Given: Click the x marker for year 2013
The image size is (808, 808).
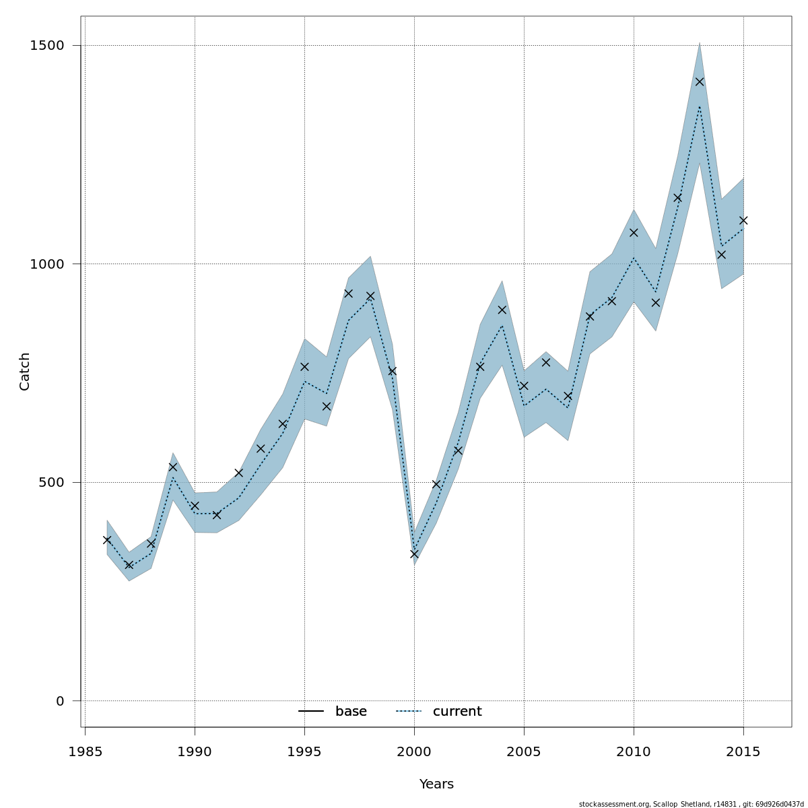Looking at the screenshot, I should (700, 81).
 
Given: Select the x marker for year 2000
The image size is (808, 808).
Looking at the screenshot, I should (414, 553).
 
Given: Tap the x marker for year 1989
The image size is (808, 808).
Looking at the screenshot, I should (173, 467).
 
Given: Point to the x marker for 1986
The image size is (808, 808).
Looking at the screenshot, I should (107, 539).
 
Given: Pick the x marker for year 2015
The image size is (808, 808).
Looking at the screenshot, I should (743, 220).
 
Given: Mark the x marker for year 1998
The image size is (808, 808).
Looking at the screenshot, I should (370, 296).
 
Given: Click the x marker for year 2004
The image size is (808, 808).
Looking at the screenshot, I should (502, 310).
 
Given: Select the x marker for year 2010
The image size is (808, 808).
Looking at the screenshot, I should (634, 232).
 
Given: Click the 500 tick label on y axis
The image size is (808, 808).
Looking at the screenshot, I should (51, 483).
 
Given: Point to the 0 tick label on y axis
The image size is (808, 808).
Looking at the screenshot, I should (60, 701).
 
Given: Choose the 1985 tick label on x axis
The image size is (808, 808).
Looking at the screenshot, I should (86, 751).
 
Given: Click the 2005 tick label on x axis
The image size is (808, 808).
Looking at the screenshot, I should (524, 751).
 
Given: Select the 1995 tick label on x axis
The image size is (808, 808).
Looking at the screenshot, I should (304, 751).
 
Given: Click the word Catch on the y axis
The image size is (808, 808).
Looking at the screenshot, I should (25, 371).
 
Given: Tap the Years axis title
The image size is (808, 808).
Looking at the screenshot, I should (436, 784).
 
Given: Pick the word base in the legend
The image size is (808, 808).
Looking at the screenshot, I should (351, 712).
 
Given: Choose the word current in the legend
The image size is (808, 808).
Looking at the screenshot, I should (457, 712).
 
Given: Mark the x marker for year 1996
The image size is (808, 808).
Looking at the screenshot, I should (327, 406).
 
